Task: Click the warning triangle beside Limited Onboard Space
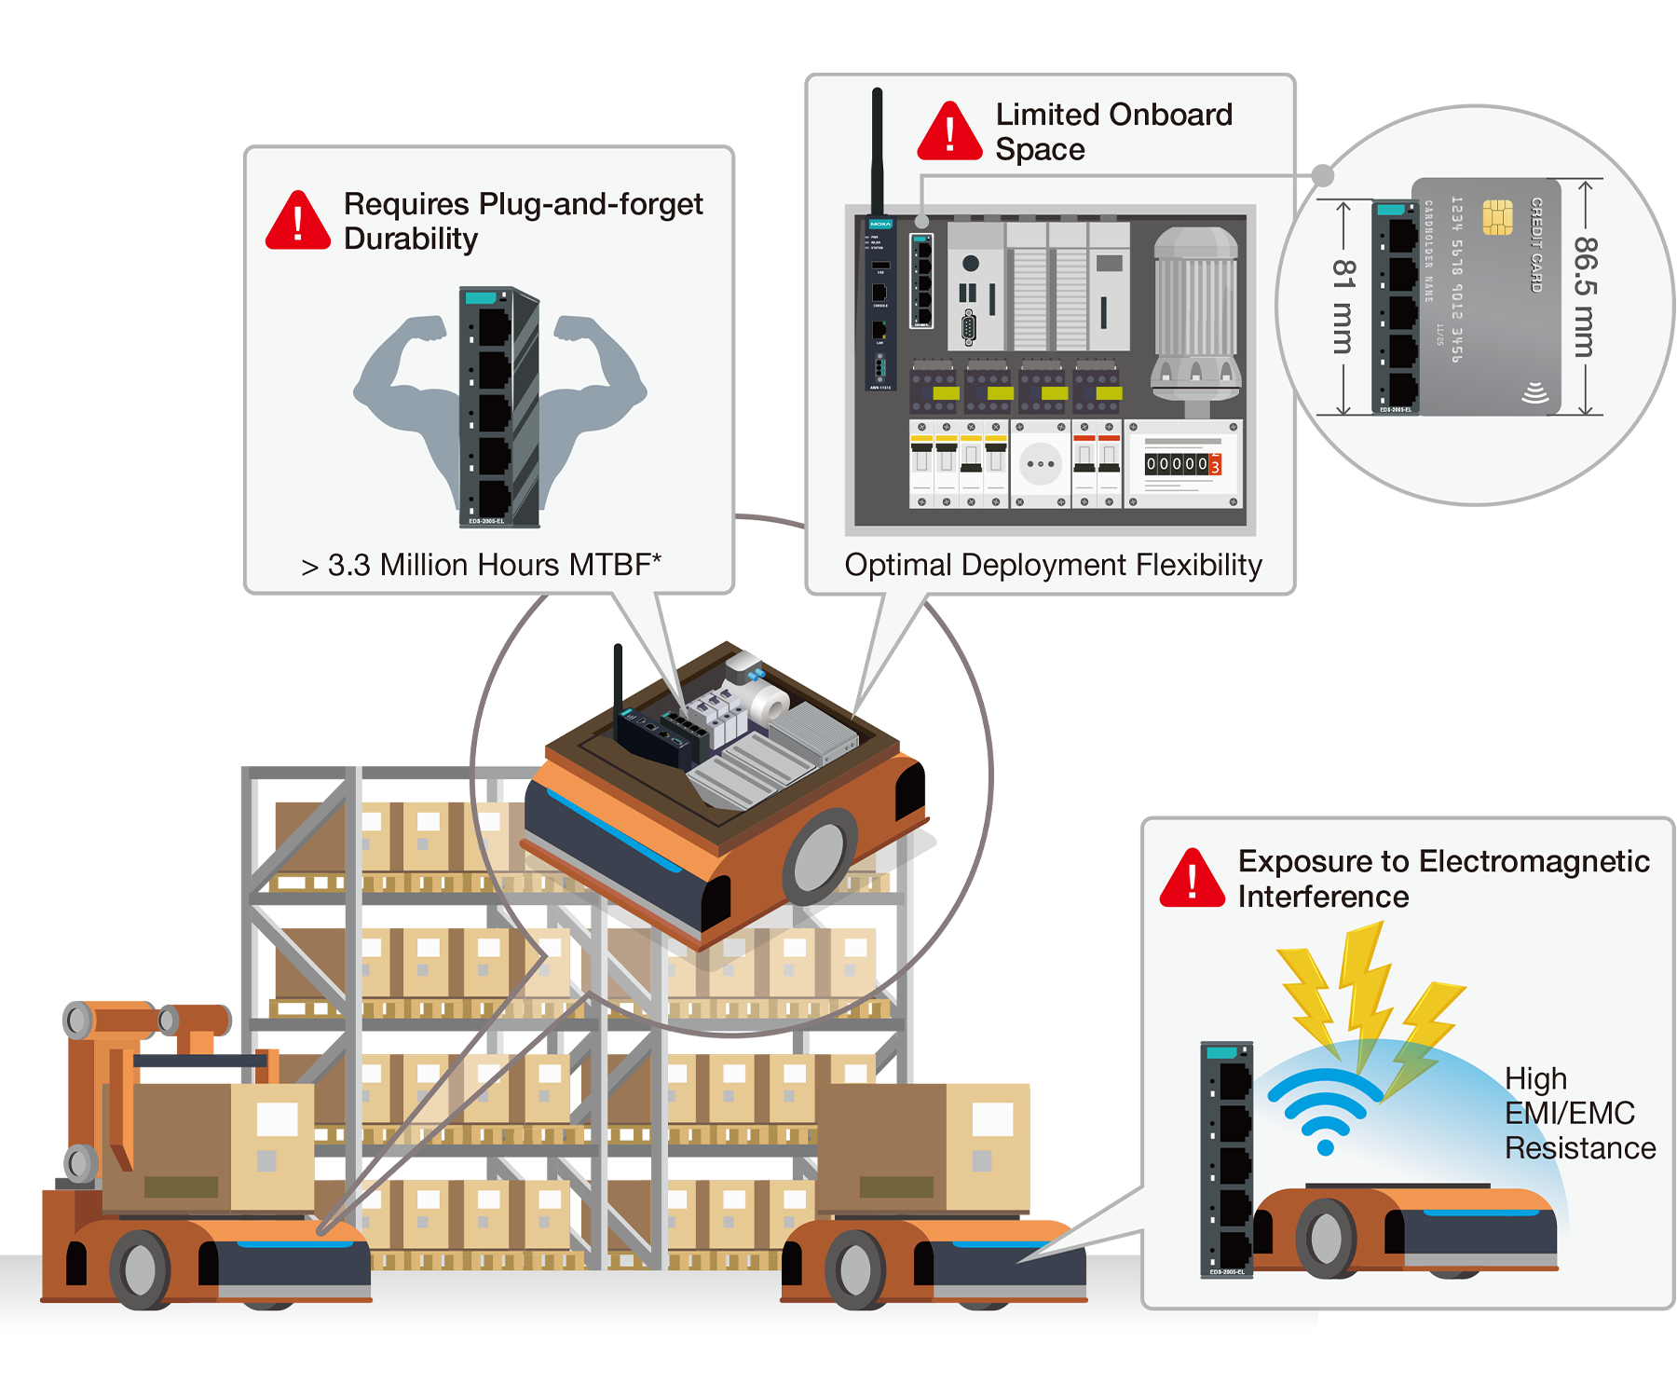tap(949, 133)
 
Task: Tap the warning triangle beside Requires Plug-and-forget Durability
tap(297, 223)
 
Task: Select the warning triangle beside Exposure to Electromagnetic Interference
tap(1192, 880)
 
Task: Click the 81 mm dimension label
tap(1343, 307)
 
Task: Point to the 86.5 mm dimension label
tap(1585, 296)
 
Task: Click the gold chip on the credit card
tap(1497, 217)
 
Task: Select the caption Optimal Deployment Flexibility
tap(1053, 565)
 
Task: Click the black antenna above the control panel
tap(877, 149)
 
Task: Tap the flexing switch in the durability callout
tap(499, 407)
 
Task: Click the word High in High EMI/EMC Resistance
tap(1535, 1078)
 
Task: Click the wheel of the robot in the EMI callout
tap(1326, 1238)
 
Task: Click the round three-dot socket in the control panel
tap(1040, 463)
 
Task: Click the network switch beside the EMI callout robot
tap(1227, 1158)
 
